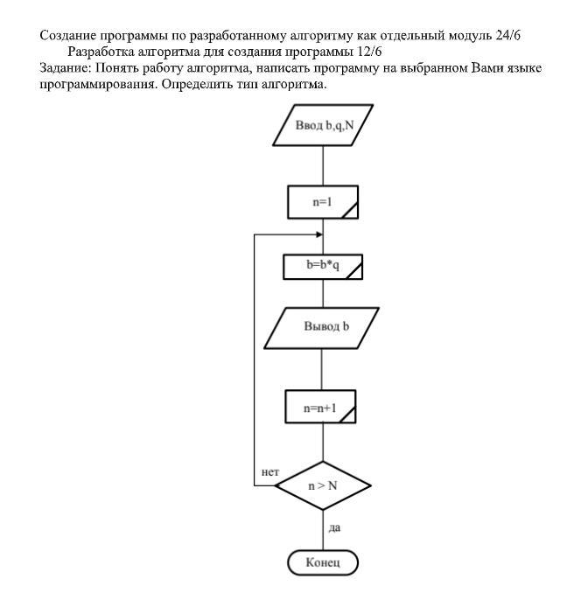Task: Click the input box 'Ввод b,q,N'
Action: tap(323, 125)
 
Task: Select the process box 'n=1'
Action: tap(323, 202)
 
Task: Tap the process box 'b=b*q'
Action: tap(323, 267)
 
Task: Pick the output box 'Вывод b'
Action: tap(322, 328)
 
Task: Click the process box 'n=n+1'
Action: tap(320, 407)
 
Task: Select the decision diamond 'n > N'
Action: tap(323, 486)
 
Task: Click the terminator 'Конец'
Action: tap(323, 562)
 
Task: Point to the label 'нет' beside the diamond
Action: tap(270, 472)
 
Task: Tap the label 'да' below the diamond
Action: tap(334, 528)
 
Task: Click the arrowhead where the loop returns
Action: tap(319, 234)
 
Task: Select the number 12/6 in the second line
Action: tap(369, 52)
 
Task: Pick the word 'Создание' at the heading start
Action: tap(67, 36)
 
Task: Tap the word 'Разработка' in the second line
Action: tap(101, 52)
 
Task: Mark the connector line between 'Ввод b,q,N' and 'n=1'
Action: tap(323, 165)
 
